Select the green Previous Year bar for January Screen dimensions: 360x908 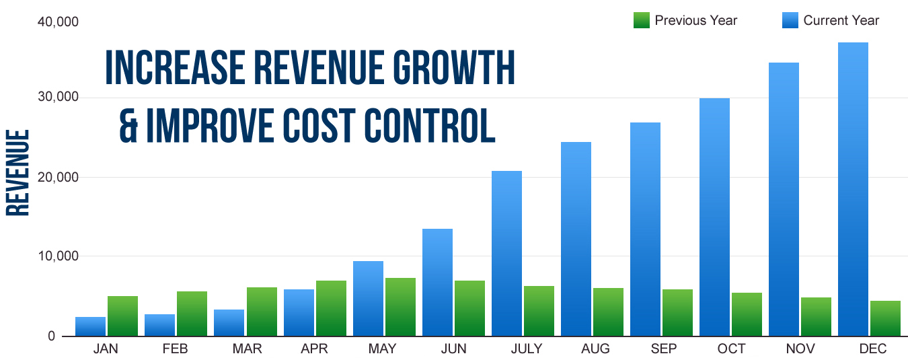[x=122, y=316]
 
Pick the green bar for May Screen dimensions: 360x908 [x=400, y=307]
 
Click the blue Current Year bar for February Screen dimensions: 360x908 [x=159, y=325]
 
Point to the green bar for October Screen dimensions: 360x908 [x=747, y=314]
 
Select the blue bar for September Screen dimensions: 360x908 [x=645, y=229]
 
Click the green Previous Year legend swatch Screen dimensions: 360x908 [x=641, y=20]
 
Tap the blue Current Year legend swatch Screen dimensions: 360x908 [x=790, y=20]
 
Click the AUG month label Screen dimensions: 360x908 [x=596, y=349]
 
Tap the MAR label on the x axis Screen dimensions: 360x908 [x=248, y=349]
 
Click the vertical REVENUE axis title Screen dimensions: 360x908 [x=18, y=172]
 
